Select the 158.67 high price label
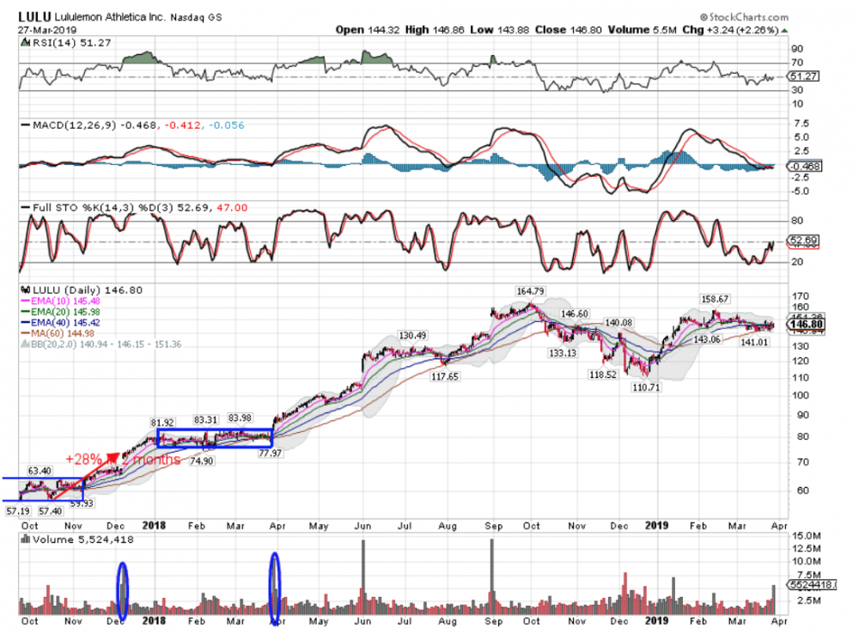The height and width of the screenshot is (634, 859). [716, 299]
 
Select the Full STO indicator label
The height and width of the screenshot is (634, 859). [49, 208]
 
